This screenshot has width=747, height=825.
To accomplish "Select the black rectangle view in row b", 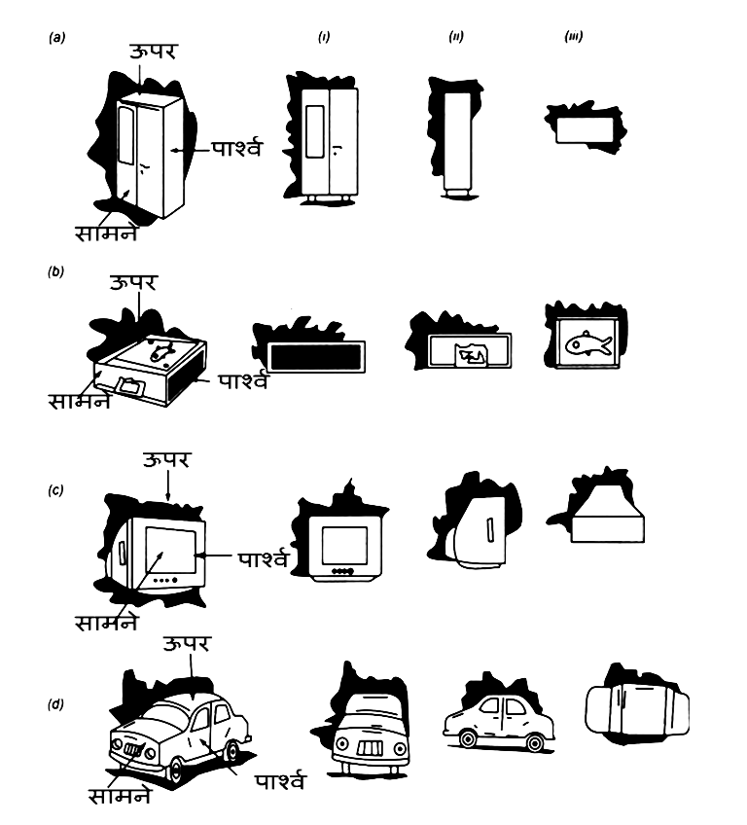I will pyautogui.click(x=313, y=357).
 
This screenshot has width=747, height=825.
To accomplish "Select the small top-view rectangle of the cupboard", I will pyautogui.click(x=582, y=128).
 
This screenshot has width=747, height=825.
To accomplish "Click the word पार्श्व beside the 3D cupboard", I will pyautogui.click(x=235, y=150).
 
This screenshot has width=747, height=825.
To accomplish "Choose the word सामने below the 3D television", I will pyautogui.click(x=107, y=620).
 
